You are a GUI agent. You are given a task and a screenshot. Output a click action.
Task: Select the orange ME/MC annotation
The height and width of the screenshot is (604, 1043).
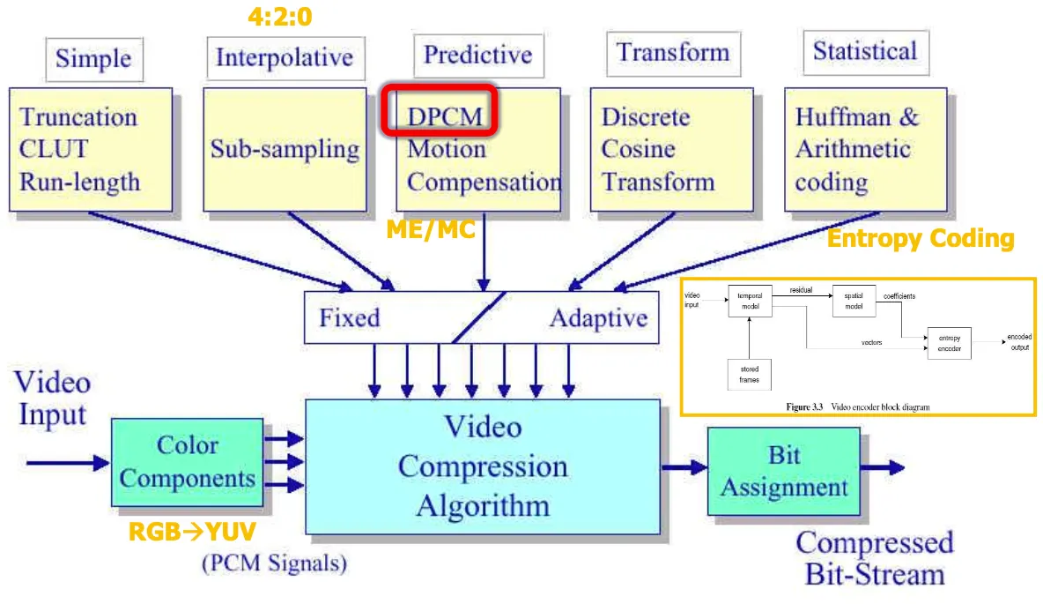pyautogui.click(x=431, y=230)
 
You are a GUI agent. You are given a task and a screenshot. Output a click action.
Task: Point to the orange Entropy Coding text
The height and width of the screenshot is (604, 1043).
pyautogui.click(x=921, y=238)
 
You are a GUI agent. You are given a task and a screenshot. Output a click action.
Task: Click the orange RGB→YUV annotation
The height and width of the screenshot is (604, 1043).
pyautogui.click(x=193, y=531)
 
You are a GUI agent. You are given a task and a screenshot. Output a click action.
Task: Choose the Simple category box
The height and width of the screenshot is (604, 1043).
pyautogui.click(x=93, y=58)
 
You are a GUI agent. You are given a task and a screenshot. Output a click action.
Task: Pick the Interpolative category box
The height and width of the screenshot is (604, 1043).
pyautogui.click(x=284, y=58)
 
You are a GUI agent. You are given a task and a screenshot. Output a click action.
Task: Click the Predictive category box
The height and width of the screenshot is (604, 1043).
pyautogui.click(x=477, y=56)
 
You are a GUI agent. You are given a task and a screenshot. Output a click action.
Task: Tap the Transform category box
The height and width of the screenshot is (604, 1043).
pyautogui.click(x=673, y=53)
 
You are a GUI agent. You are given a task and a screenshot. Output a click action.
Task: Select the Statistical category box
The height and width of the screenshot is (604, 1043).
pyautogui.click(x=864, y=52)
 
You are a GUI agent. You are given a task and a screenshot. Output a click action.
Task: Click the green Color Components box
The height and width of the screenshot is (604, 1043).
pyautogui.click(x=187, y=462)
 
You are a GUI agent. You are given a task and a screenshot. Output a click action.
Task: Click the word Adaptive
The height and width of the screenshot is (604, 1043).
pyautogui.click(x=598, y=317)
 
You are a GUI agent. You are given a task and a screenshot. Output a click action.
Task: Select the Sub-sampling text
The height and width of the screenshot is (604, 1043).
pyautogui.click(x=285, y=150)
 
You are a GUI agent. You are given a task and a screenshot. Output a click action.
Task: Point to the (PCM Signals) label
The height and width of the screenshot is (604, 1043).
pyautogui.click(x=274, y=563)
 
